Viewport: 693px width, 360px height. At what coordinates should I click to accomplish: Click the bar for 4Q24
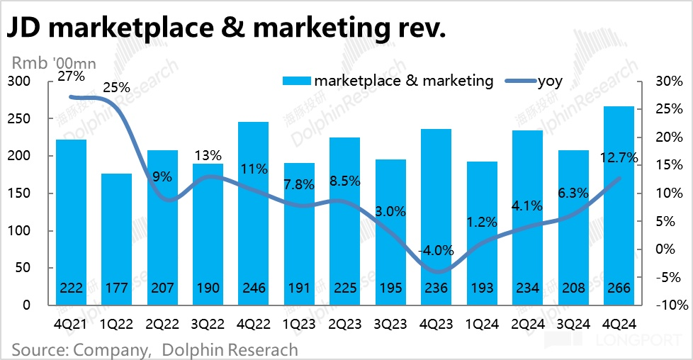point(619,206)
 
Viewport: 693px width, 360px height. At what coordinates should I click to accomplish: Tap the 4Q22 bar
point(253,213)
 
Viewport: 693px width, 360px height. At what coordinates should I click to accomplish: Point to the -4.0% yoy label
point(436,251)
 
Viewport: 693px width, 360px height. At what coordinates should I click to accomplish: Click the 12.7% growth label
point(618,157)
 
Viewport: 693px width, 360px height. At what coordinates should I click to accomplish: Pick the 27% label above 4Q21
point(70,75)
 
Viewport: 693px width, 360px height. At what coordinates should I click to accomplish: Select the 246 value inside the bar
point(253,288)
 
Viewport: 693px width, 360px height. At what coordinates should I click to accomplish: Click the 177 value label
point(116,288)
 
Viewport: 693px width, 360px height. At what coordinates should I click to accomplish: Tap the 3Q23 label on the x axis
point(390,324)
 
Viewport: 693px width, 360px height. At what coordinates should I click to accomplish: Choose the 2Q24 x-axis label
point(527,324)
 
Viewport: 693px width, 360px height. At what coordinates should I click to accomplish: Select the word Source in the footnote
point(38,349)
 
